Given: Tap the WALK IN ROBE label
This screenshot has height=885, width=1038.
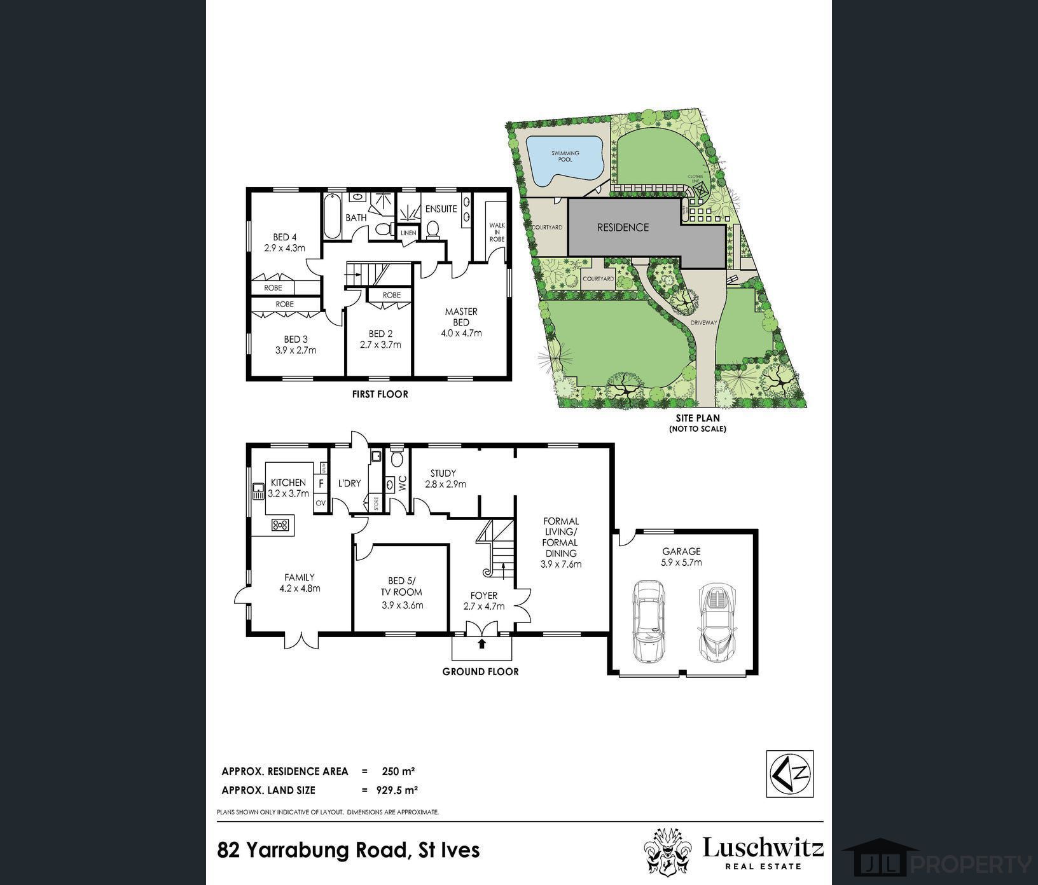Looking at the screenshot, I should tap(497, 232).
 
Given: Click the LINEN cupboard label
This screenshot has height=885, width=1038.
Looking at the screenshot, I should tap(408, 233).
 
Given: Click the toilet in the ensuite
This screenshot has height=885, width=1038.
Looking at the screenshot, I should tap(434, 228).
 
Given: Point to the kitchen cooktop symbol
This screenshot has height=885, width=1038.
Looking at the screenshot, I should tap(280, 525).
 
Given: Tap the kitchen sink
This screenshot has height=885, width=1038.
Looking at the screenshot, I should tap(258, 491).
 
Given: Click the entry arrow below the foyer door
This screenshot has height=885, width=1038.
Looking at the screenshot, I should tap(481, 643).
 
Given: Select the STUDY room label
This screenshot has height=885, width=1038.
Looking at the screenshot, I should tap(443, 473).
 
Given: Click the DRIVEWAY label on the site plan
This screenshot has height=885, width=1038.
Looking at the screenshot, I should tap(703, 322).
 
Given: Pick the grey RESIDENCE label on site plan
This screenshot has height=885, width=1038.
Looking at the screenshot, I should tap(623, 227).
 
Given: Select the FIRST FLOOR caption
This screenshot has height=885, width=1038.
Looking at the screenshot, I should tap(380, 394).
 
